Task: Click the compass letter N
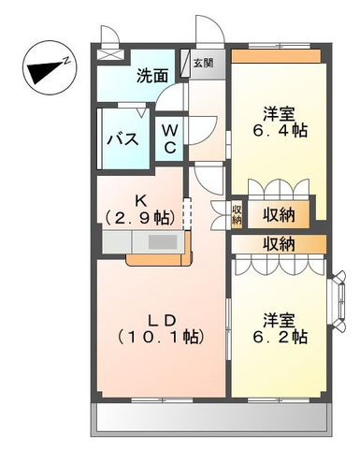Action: pyautogui.click(x=66, y=60)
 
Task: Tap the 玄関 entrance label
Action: pyautogui.click(x=204, y=64)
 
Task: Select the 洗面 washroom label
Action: pyautogui.click(x=152, y=76)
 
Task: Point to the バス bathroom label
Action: pyautogui.click(x=122, y=139)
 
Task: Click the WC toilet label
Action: pyautogui.click(x=170, y=138)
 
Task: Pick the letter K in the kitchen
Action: pyautogui.click(x=140, y=201)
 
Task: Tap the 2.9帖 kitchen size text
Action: pyautogui.click(x=140, y=218)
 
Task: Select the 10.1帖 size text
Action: pyautogui.click(x=161, y=337)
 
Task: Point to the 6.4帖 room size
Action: pyautogui.click(x=280, y=131)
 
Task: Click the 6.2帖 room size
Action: pyautogui.click(x=280, y=337)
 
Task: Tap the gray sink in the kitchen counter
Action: pyautogui.click(x=163, y=241)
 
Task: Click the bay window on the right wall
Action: pyautogui.click(x=338, y=300)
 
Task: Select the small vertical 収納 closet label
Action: pyautogui.click(x=237, y=215)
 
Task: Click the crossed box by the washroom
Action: pyautogui.click(x=110, y=54)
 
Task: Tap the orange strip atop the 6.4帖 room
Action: pyautogui.click(x=276, y=56)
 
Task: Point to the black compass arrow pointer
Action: pyautogui.click(x=45, y=71)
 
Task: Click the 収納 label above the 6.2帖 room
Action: pyautogui.click(x=279, y=244)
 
